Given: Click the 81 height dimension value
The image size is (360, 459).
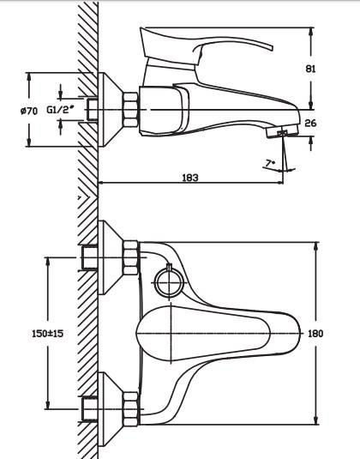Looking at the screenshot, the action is pyautogui.click(x=310, y=69).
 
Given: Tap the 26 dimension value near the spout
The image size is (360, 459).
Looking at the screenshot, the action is pyautogui.click(x=310, y=124).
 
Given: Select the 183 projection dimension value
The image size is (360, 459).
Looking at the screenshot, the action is pyautogui.click(x=190, y=178).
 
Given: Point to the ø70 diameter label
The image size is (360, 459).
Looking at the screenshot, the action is pyautogui.click(x=29, y=111).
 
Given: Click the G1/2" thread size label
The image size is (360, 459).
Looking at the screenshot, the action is pyautogui.click(x=60, y=110).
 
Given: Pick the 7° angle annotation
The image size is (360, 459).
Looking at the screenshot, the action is pyautogui.click(x=270, y=163).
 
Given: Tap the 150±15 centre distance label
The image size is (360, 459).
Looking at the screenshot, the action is pyautogui.click(x=47, y=334).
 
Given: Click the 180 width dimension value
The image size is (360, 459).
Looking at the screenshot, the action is pyautogui.click(x=315, y=334).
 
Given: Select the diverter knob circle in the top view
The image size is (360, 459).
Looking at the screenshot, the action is pyautogui.click(x=168, y=283).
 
